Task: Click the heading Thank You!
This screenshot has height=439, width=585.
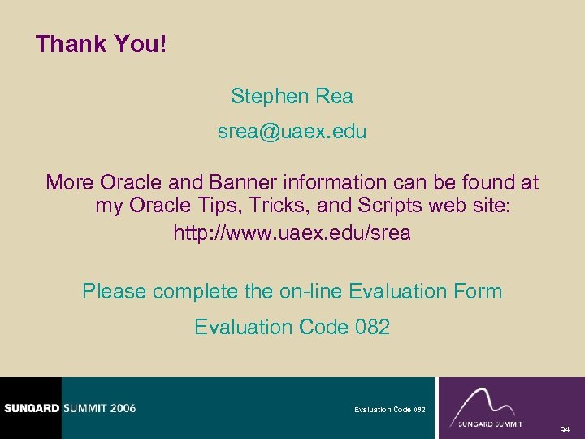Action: click(x=101, y=44)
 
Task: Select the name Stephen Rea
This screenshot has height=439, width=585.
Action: click(x=292, y=97)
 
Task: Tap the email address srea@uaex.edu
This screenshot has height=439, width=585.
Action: click(x=292, y=132)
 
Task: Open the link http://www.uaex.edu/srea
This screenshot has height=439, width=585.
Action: click(x=292, y=233)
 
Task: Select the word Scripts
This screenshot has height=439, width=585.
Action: click(x=401, y=206)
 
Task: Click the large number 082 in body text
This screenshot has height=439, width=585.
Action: click(x=372, y=327)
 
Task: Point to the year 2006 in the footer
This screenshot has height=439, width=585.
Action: click(x=119, y=408)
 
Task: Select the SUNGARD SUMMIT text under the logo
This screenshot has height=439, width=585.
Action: click(x=490, y=424)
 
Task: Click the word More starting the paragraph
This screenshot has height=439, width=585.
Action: click(x=70, y=182)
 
